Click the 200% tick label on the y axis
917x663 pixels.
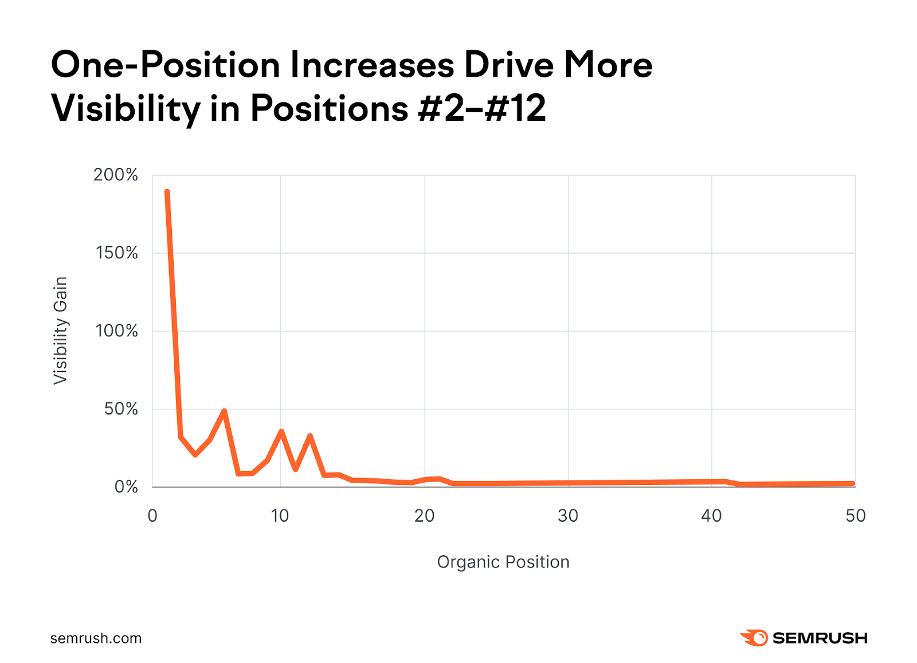pos(116,175)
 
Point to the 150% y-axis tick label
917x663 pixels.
pos(116,252)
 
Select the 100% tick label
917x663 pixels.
pos(116,331)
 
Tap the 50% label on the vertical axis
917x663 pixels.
pos(121,409)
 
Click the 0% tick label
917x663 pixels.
pos(126,487)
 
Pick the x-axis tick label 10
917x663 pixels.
pos(280,516)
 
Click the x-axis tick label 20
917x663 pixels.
pos(424,516)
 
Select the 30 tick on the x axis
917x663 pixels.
pos(568,516)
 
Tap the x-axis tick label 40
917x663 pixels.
pos(711,516)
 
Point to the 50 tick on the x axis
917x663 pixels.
pos(855,516)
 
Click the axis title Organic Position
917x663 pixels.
pos(503,562)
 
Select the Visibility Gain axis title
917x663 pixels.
pos(61,330)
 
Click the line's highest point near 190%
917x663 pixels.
pos(167,192)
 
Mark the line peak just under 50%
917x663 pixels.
pos(224,411)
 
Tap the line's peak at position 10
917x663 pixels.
pos(281,431)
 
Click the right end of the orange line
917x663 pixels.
pos(853,484)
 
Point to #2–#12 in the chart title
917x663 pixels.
pos(481,108)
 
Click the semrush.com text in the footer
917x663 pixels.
pos(96,638)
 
